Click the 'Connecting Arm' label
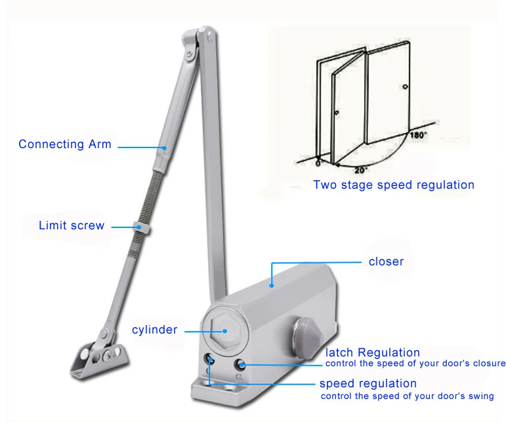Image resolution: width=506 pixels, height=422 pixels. (x=64, y=144)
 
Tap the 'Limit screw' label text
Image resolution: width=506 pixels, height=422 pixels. (x=72, y=225)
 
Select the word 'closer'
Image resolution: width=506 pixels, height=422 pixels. (x=386, y=261)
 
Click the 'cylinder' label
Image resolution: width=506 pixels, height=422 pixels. (x=154, y=330)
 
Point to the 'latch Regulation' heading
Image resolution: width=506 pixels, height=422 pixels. (x=372, y=353)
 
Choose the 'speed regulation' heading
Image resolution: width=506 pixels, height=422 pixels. (x=368, y=383)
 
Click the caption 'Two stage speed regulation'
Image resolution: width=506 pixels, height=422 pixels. (x=393, y=185)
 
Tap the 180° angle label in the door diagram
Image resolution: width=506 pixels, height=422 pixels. (x=419, y=136)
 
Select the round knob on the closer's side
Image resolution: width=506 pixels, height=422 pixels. (x=306, y=334)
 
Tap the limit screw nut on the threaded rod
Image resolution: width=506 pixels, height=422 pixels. (x=141, y=227)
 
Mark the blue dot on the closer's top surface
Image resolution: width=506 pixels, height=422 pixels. (x=271, y=285)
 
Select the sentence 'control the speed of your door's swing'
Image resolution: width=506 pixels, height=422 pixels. (x=407, y=396)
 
